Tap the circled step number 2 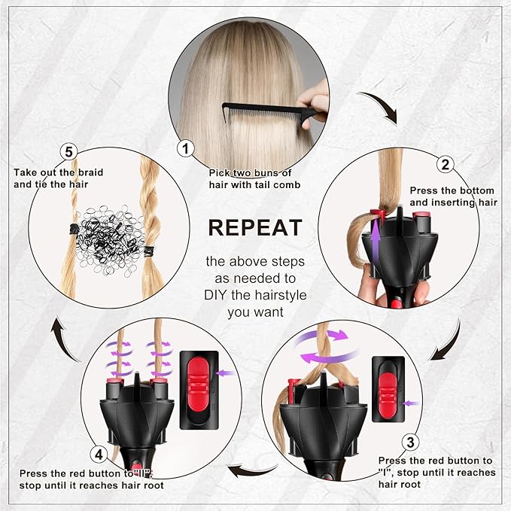pyautogui.click(x=446, y=165)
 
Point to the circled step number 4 pyautogui.click(x=98, y=454)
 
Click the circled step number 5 pyautogui.click(x=69, y=153)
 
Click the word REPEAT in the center pyautogui.click(x=255, y=227)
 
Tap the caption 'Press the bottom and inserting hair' pyautogui.click(x=453, y=196)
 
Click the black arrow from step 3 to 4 pyautogui.click(x=253, y=471)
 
